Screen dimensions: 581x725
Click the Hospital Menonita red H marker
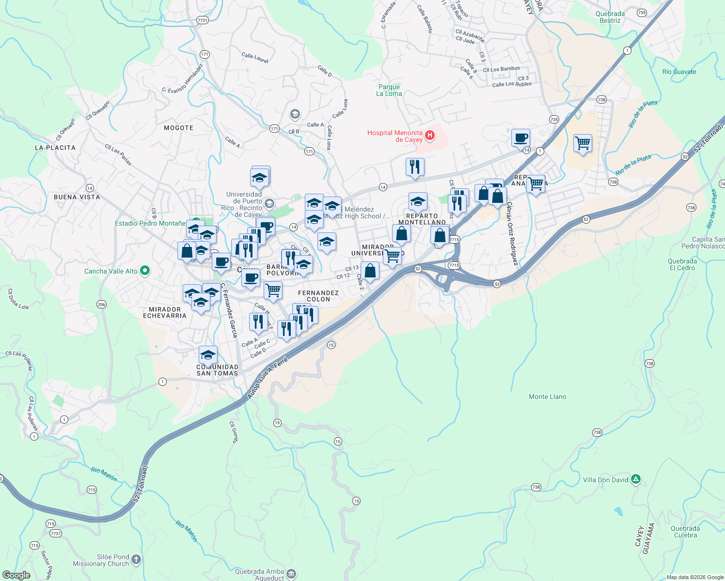pos(429,136)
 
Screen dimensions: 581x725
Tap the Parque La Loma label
pos(389,91)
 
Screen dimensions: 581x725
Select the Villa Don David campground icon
pos(636,479)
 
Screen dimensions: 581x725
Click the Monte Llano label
pos(547,397)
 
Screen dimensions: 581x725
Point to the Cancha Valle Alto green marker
pos(144,271)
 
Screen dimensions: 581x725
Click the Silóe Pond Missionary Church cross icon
pos(136,560)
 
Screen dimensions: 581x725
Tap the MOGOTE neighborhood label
pos(178,128)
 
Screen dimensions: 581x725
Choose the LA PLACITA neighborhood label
pos(55,148)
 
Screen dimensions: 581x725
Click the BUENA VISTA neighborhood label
pos(77,197)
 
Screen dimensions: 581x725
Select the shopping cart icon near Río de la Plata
pos(583,143)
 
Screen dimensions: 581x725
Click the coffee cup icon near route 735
pos(520,138)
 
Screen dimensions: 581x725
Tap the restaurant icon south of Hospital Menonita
pos(415,167)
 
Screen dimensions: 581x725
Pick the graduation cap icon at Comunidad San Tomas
pos(208,355)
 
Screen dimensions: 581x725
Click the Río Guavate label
pos(679,72)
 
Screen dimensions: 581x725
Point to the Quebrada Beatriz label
pos(610,17)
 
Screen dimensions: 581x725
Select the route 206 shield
pos(101,304)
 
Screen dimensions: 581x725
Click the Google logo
pos(16,575)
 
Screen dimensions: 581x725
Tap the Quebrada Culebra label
pos(685,532)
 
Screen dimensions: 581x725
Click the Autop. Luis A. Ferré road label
pos(268,378)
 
